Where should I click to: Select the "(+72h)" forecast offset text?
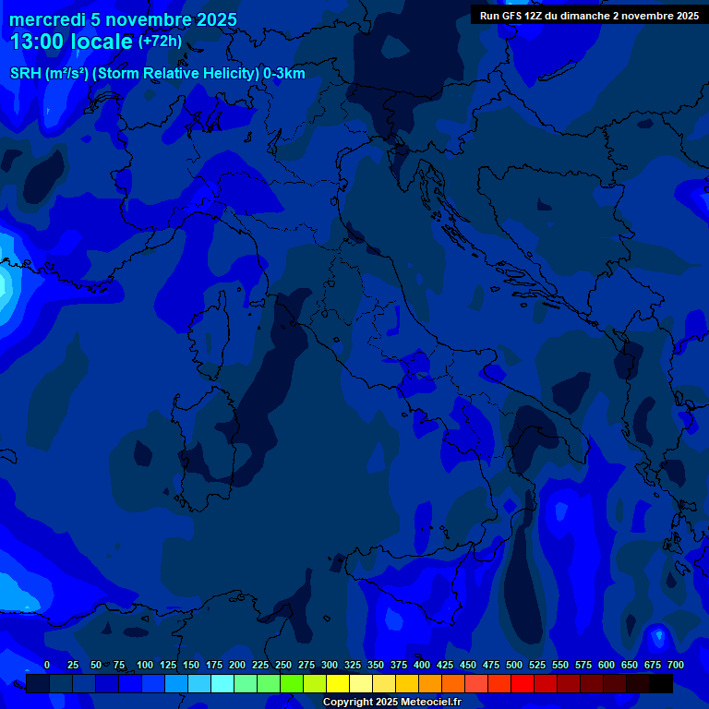tap(160, 42)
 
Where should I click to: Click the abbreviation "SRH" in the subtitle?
tap(26, 74)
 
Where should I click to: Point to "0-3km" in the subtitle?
tap(284, 74)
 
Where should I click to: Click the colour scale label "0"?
tap(47, 665)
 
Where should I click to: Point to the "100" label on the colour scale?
tap(145, 665)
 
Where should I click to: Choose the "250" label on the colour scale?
tap(283, 665)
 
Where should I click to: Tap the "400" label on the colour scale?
tap(422, 665)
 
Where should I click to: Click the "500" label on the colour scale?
tap(514, 665)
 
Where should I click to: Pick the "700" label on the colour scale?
tap(676, 665)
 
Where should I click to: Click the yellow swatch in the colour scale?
tap(338, 683)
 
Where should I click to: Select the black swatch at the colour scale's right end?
tap(661, 683)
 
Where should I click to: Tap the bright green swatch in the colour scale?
tap(292, 683)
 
